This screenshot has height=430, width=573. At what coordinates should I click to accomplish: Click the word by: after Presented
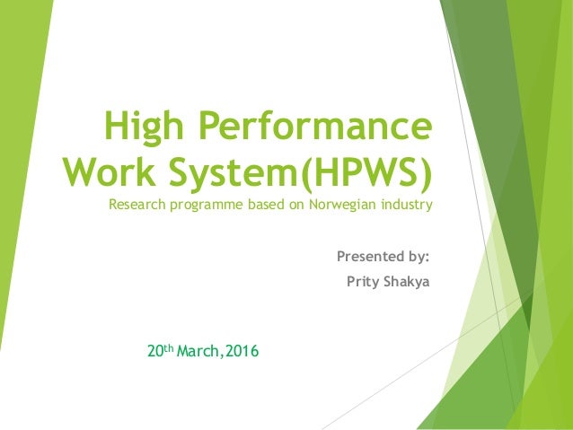(419, 258)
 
